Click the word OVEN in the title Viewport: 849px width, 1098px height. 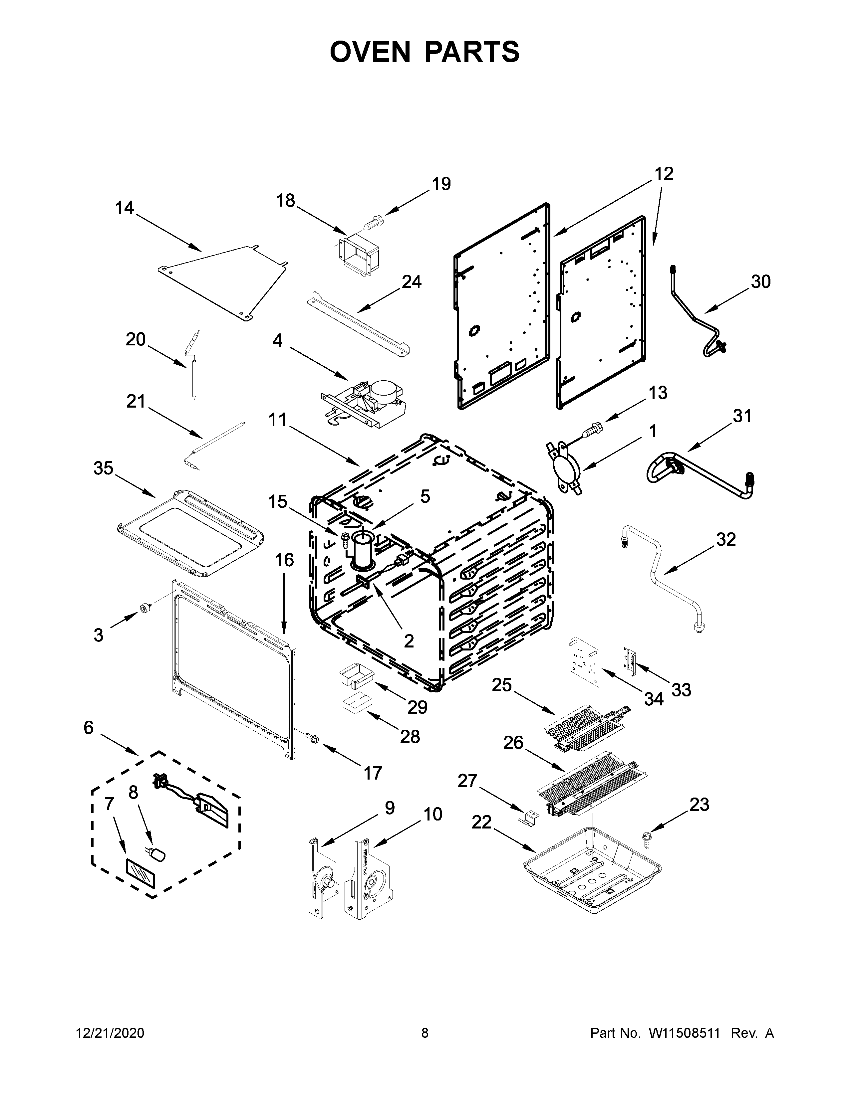coord(370,52)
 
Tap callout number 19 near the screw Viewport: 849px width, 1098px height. coord(441,184)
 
